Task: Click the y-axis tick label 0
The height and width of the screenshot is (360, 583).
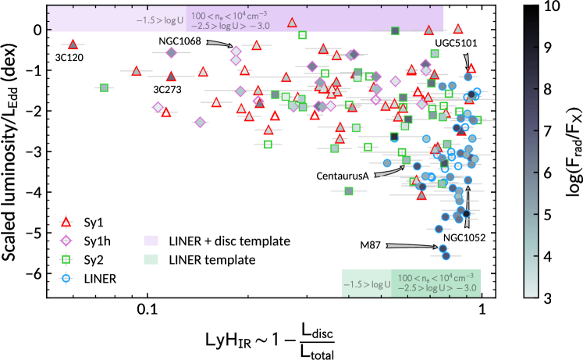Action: tap(36, 30)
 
